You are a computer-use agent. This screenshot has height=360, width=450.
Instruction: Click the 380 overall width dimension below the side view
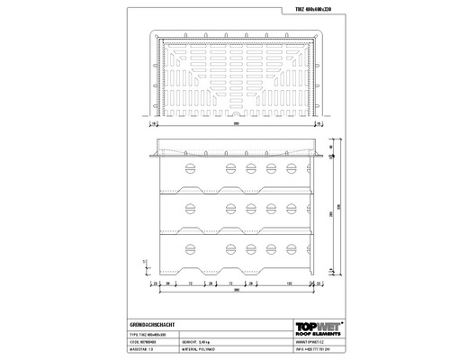coord(237,292)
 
